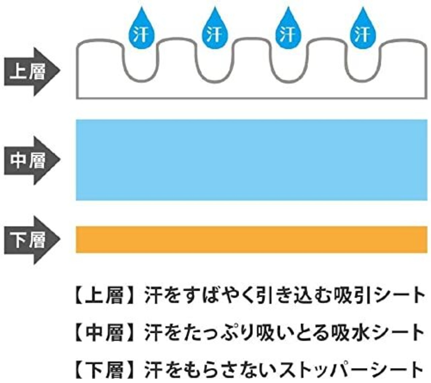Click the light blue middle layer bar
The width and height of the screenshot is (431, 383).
coord(252,160)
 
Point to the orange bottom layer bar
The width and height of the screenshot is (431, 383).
coord(252,239)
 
